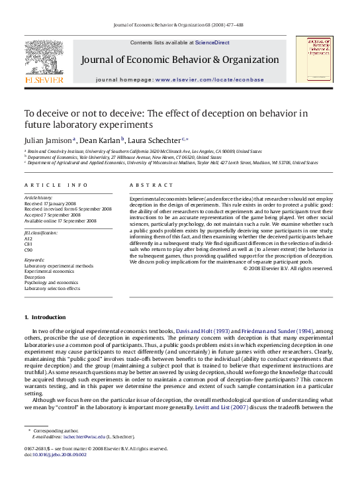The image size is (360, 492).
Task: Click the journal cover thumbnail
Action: pos(314,60)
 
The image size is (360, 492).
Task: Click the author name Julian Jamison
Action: pos(48,140)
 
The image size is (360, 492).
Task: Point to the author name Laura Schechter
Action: pos(154,140)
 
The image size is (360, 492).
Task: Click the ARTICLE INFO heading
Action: pos(56,185)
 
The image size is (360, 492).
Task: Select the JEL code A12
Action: pos(28,238)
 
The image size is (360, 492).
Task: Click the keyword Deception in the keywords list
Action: pos(34,277)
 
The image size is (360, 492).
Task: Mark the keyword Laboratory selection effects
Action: pos(52,289)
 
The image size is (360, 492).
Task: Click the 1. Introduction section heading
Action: pos(45,317)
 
